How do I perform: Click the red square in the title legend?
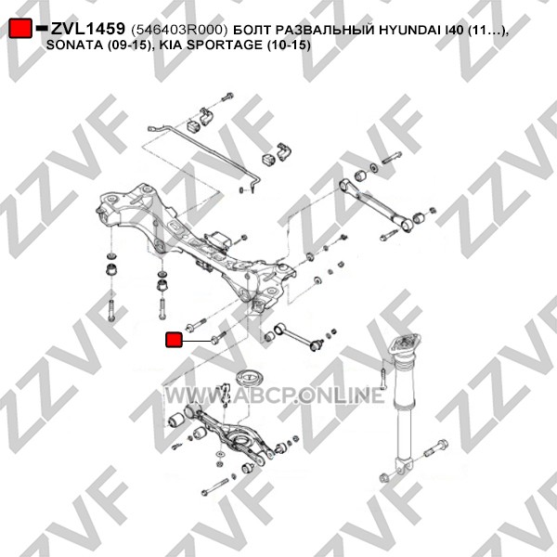(x=20, y=28)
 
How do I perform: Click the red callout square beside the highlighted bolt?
(x=175, y=340)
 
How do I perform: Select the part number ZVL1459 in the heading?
(x=88, y=29)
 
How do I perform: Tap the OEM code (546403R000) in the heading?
(x=179, y=31)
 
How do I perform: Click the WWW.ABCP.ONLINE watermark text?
(x=275, y=395)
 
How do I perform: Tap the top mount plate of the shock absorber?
(x=404, y=346)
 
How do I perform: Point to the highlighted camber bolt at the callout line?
(x=218, y=338)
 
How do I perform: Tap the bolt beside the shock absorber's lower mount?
(x=436, y=448)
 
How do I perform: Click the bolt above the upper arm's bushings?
(x=392, y=158)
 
